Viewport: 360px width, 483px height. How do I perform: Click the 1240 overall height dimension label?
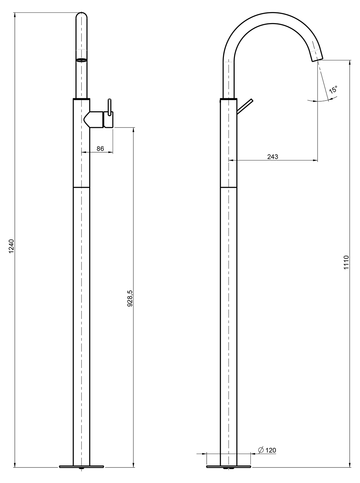[x=11, y=246]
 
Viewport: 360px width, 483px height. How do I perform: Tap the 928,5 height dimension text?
[x=130, y=298]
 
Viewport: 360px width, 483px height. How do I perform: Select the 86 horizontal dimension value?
[x=100, y=148]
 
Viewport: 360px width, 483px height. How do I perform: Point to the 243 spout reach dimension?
[x=272, y=157]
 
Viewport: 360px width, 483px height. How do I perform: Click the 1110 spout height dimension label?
[x=346, y=262]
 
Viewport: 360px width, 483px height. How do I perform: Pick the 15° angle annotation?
[x=333, y=90]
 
